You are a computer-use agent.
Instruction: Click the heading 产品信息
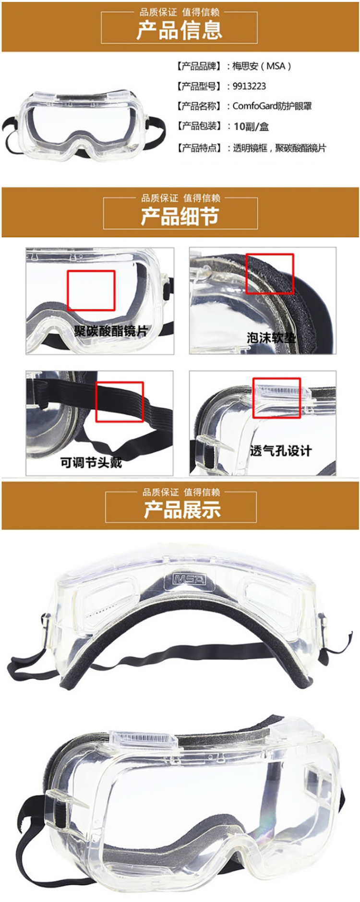point(179,29)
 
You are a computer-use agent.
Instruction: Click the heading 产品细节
point(180,216)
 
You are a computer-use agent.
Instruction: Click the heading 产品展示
point(182,509)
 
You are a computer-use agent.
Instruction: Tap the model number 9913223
point(249,86)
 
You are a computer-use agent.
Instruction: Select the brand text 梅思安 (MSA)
point(262,66)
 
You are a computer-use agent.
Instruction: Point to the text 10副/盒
point(251,127)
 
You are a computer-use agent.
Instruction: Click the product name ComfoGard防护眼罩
point(272,106)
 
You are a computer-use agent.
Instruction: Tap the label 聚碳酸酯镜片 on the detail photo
point(111,331)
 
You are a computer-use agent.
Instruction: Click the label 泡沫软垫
point(271,338)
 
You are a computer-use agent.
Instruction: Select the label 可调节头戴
point(91,462)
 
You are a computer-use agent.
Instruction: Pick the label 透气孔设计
point(281,451)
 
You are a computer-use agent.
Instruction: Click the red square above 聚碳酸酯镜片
point(91,290)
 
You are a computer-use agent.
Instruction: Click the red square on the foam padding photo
point(270,274)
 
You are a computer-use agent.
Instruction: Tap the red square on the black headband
point(120,402)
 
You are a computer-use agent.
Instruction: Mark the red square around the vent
point(277,397)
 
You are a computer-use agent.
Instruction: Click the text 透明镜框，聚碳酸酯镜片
point(279,148)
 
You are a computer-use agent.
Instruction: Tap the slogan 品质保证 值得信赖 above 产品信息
point(180,12)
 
